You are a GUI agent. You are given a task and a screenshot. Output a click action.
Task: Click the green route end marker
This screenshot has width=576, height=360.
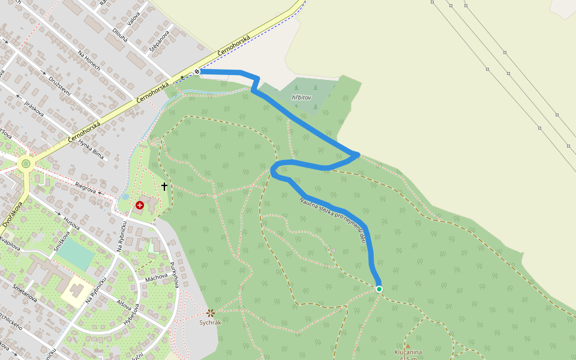coord(379,289)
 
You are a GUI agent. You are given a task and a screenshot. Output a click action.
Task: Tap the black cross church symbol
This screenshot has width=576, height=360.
coord(164,187)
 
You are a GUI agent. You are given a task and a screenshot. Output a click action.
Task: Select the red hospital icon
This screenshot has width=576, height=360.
coord(140,205)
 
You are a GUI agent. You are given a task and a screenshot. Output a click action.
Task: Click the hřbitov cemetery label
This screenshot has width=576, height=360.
coord(301,97)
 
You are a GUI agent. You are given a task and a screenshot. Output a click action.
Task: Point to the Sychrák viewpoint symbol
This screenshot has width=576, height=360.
coord(211,313)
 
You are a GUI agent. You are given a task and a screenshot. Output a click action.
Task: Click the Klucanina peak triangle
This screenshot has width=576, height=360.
coord(407,346)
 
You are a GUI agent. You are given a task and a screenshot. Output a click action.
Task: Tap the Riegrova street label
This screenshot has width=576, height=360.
coord(86,188)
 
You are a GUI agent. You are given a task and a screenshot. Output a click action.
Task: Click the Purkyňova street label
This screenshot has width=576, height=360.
coord(175,274)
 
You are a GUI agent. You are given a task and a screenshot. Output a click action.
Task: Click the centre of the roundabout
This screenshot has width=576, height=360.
coord(25,163)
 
